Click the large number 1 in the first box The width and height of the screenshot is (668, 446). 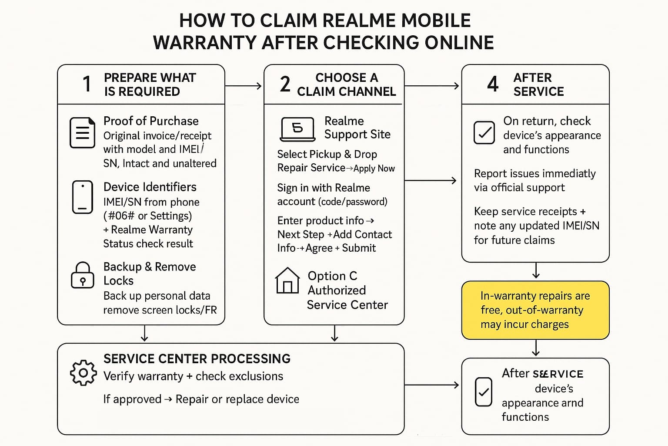(87, 84)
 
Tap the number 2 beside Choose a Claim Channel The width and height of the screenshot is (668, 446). (285, 84)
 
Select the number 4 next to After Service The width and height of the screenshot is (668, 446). (492, 84)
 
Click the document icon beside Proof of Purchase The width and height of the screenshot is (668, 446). (82, 132)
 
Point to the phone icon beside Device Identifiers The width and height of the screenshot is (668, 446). (82, 197)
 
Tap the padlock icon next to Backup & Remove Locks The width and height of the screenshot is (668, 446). (82, 275)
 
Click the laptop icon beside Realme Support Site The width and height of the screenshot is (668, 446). (297, 129)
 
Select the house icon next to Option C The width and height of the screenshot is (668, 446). (287, 280)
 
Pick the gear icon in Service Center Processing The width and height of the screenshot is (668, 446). (83, 373)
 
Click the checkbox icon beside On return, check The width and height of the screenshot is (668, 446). (484, 132)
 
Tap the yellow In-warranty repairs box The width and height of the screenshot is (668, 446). (535, 310)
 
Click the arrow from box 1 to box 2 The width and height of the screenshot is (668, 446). (244, 86)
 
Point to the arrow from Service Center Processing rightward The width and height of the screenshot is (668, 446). (431, 385)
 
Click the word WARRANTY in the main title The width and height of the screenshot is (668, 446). (204, 43)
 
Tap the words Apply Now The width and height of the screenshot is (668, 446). (374, 169)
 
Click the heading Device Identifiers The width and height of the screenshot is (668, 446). (150, 187)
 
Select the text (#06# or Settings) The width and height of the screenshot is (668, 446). (147, 216)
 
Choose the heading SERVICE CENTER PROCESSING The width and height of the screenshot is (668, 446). (197, 359)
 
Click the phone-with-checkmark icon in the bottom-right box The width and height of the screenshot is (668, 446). (483, 392)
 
